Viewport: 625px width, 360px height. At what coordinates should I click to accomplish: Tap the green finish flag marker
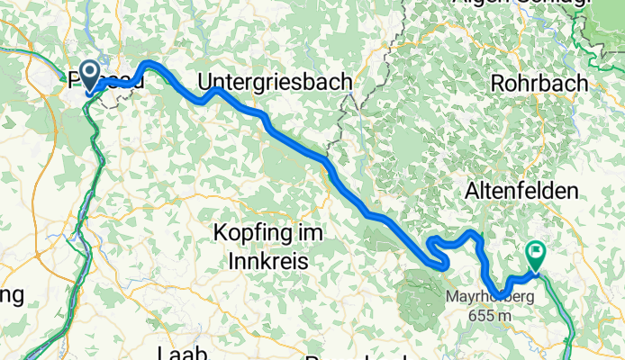tap(539, 256)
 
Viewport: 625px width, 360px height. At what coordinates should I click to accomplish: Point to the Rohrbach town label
tap(539, 83)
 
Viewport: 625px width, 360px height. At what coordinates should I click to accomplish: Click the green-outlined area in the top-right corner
tap(603, 36)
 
